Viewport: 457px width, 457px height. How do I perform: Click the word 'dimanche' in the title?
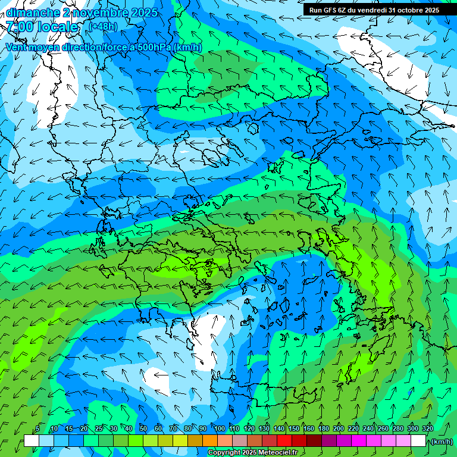pyautogui.click(x=32, y=12)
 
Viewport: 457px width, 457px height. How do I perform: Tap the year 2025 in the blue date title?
pyautogui.click(x=145, y=12)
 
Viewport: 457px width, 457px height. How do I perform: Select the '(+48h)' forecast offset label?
pyautogui.click(x=103, y=26)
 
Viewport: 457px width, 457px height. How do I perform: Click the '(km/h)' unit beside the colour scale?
pyautogui.click(x=441, y=442)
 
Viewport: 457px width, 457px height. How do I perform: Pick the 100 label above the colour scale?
pyautogui.click(x=219, y=428)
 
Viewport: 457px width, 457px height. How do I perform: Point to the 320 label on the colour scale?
pyautogui.click(x=427, y=428)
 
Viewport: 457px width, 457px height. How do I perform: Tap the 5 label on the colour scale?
pyautogui.click(x=37, y=428)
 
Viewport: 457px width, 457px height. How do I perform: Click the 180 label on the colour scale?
pyautogui.click(x=323, y=428)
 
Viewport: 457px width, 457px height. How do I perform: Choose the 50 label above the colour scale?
pyautogui.click(x=143, y=428)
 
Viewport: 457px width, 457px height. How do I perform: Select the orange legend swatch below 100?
pyautogui.click(x=210, y=441)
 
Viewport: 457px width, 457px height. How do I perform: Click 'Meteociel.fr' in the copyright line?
pyautogui.click(x=277, y=453)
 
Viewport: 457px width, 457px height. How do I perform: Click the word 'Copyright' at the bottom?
pyautogui.click(x=224, y=453)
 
